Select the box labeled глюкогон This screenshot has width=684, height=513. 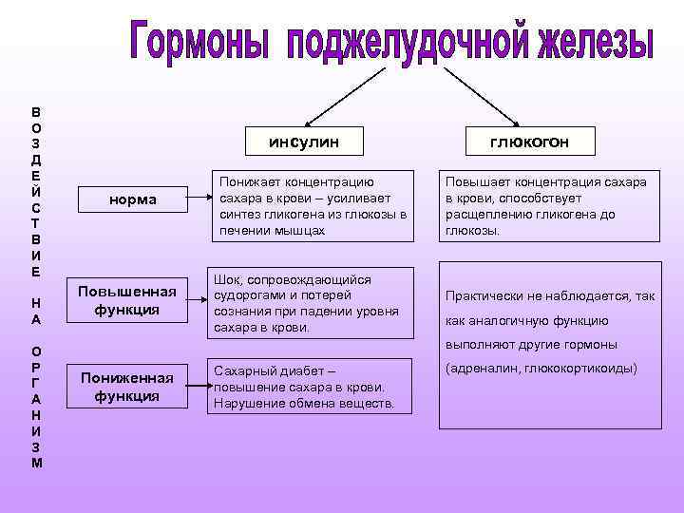point(529,142)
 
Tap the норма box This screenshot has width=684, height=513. point(132,199)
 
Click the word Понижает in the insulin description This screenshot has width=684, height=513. point(250,181)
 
